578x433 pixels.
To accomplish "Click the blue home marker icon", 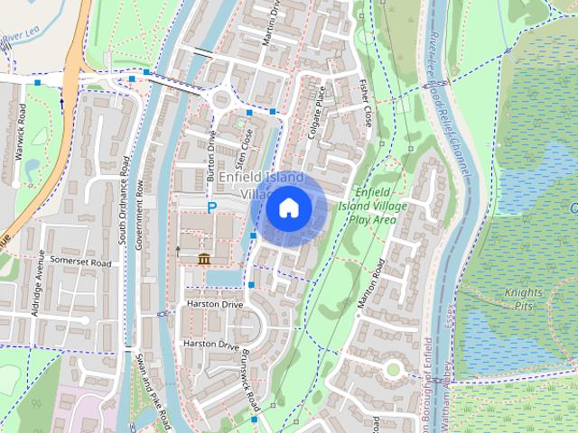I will (288, 208).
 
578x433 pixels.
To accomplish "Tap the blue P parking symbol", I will (212, 207).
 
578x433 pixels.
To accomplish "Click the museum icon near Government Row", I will (204, 260).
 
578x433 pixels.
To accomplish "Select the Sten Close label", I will (242, 150).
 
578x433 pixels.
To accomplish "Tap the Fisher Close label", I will (365, 102).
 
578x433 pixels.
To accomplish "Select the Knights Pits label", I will (524, 299).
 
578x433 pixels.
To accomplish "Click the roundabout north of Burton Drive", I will (222, 99).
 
